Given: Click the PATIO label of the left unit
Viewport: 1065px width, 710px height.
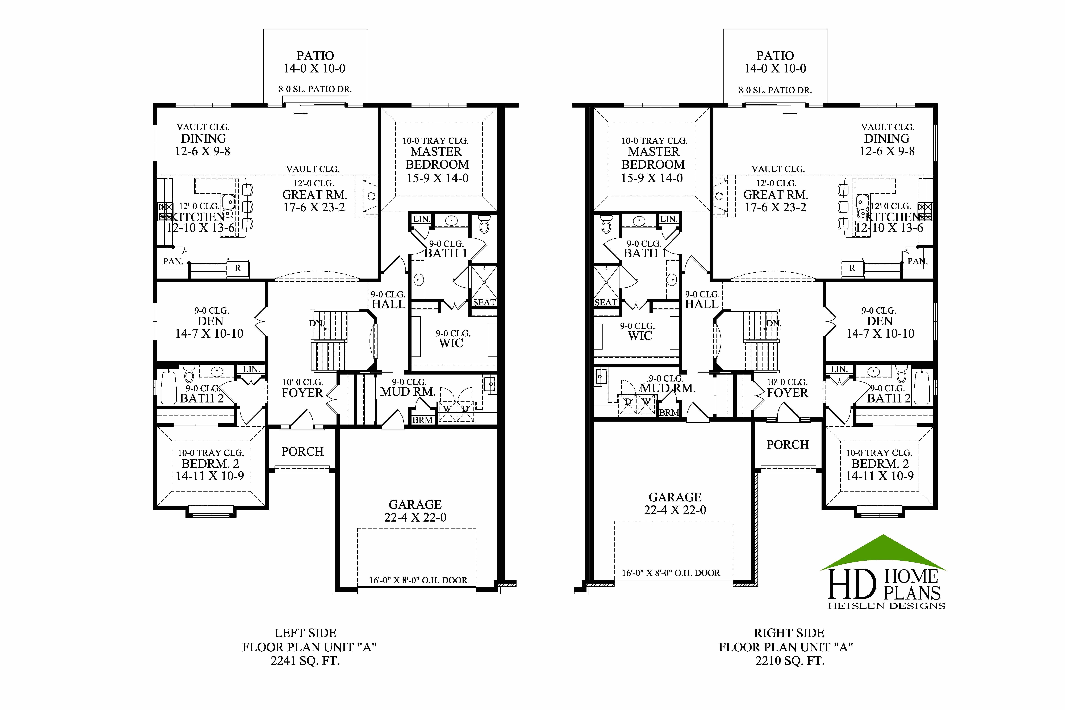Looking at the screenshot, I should click(315, 56).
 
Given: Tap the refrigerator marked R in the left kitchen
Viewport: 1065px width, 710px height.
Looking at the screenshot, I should click(238, 268).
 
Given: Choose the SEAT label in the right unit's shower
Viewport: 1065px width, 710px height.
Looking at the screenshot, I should click(605, 302).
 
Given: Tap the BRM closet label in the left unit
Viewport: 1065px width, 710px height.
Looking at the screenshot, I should click(422, 420).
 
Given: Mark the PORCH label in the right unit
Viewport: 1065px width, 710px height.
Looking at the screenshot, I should click(787, 445).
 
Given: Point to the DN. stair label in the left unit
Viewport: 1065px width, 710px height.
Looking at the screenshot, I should click(317, 323).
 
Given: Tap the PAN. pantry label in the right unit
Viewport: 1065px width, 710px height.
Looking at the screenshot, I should click(917, 261).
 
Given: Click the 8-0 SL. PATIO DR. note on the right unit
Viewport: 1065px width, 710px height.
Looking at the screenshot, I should click(775, 90).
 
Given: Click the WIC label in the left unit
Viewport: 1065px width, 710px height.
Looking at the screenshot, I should click(451, 343).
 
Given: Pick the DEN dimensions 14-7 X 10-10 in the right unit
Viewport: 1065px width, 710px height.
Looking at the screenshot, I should click(880, 334).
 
